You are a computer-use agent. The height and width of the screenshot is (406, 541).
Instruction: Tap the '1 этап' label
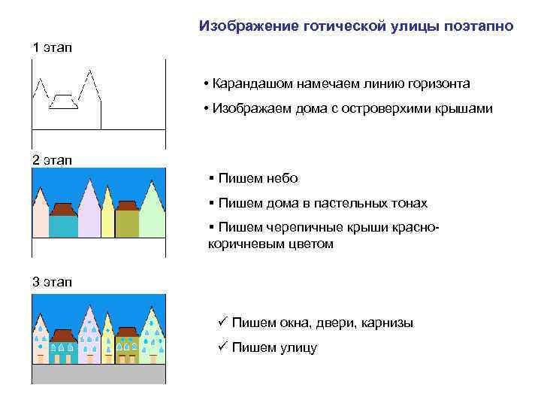(x=52, y=48)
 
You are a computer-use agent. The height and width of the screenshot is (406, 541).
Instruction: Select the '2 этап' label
(x=52, y=160)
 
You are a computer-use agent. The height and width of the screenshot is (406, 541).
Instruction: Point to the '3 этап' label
(x=52, y=282)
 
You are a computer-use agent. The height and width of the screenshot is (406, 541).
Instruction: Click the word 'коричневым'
(x=240, y=244)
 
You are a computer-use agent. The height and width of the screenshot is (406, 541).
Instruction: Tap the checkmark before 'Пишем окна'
(x=221, y=322)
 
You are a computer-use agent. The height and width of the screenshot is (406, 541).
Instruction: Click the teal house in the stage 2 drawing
(x=63, y=226)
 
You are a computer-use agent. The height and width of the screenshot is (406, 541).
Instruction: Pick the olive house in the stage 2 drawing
(x=126, y=224)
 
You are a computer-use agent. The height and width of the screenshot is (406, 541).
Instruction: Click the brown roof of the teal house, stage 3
(x=64, y=333)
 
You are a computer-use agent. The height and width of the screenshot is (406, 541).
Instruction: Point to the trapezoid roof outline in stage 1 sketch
(x=64, y=101)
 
